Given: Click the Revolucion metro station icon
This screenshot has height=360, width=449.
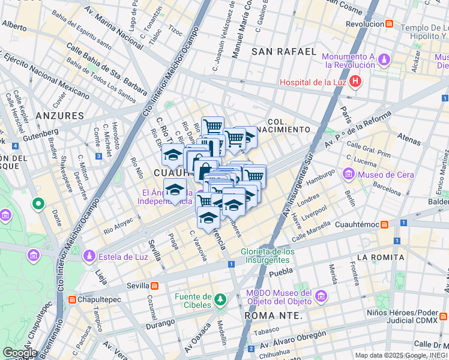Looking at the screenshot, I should [x=390, y=24].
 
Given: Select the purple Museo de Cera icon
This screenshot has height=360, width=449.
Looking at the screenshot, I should [x=348, y=175].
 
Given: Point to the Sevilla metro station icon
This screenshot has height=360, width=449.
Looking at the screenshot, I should [x=154, y=286].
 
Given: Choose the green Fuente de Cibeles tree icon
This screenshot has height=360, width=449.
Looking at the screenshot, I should [x=221, y=298].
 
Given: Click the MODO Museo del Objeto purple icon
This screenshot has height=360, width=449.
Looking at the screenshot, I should [x=321, y=296].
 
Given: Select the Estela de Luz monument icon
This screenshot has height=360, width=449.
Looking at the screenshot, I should [x=89, y=257].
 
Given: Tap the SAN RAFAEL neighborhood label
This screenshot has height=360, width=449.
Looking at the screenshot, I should [x=283, y=52].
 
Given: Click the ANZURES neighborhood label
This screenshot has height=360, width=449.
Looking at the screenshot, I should [x=59, y=115].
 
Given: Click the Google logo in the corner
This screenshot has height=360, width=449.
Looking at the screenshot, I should [x=20, y=352].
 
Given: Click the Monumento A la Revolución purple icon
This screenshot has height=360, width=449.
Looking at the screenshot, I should [x=383, y=60].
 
